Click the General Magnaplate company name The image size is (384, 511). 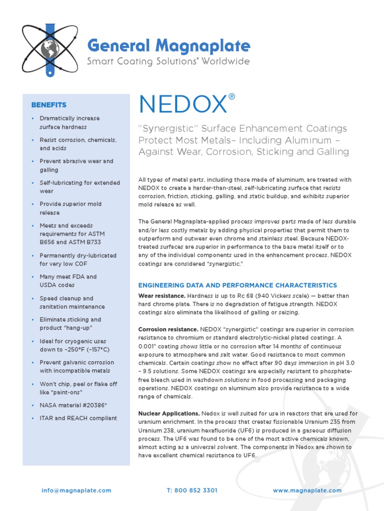pyautogui.click(x=168, y=46)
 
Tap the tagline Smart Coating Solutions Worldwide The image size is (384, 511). pyautogui.click(x=168, y=62)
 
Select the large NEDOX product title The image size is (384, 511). pyautogui.click(x=182, y=104)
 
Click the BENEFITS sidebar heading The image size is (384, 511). pyautogui.click(x=48, y=105)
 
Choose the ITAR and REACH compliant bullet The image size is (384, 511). pyautogui.click(x=78, y=418)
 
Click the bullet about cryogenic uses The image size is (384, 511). pyautogui.click(x=74, y=345)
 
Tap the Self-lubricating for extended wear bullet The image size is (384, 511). pyautogui.click(x=79, y=187)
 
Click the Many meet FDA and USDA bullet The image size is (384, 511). pyautogui.click(x=68, y=280)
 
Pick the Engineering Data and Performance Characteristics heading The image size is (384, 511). pyautogui.click(x=237, y=285)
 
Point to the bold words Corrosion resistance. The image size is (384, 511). pyautogui.click(x=168, y=329)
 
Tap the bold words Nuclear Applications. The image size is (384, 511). pyautogui.click(x=169, y=413)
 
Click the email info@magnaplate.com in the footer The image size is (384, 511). pyautogui.click(x=76, y=491)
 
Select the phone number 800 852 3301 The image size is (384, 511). pyautogui.click(x=192, y=491)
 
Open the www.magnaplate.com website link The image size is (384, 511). pyautogui.click(x=307, y=491)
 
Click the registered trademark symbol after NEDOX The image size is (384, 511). pyautogui.click(x=231, y=96)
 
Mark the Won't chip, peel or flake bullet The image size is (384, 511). pyautogui.click(x=78, y=388)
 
